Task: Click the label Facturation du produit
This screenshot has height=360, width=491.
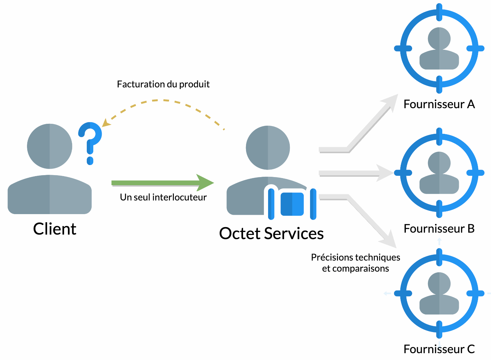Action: [x=163, y=84]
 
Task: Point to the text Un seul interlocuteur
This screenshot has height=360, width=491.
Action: [x=163, y=197]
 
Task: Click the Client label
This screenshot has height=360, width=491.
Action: [x=55, y=229]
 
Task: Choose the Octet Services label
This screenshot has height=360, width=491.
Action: [x=271, y=234]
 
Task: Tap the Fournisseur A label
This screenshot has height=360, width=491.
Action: [x=439, y=104]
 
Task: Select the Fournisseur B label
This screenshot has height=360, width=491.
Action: [x=439, y=229]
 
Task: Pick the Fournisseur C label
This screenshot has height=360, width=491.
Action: [x=439, y=349]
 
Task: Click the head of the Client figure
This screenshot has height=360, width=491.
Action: [x=50, y=146]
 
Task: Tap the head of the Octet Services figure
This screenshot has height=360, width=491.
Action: [x=268, y=148]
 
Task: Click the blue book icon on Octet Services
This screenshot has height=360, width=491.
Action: [x=292, y=204]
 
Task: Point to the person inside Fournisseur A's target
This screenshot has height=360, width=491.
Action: [x=439, y=49]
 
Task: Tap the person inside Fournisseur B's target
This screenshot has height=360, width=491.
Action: [x=439, y=173]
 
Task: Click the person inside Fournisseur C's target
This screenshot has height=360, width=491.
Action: [x=439, y=293]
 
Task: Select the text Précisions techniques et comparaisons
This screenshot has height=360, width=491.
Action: [x=355, y=263]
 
